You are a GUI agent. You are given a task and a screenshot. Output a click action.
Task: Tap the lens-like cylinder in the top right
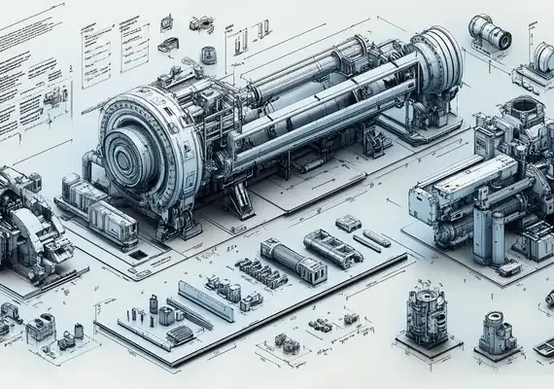(490, 34)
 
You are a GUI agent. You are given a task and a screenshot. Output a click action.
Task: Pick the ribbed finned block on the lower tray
(181, 335)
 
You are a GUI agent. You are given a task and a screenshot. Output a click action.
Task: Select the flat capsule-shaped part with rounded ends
(372, 239)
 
